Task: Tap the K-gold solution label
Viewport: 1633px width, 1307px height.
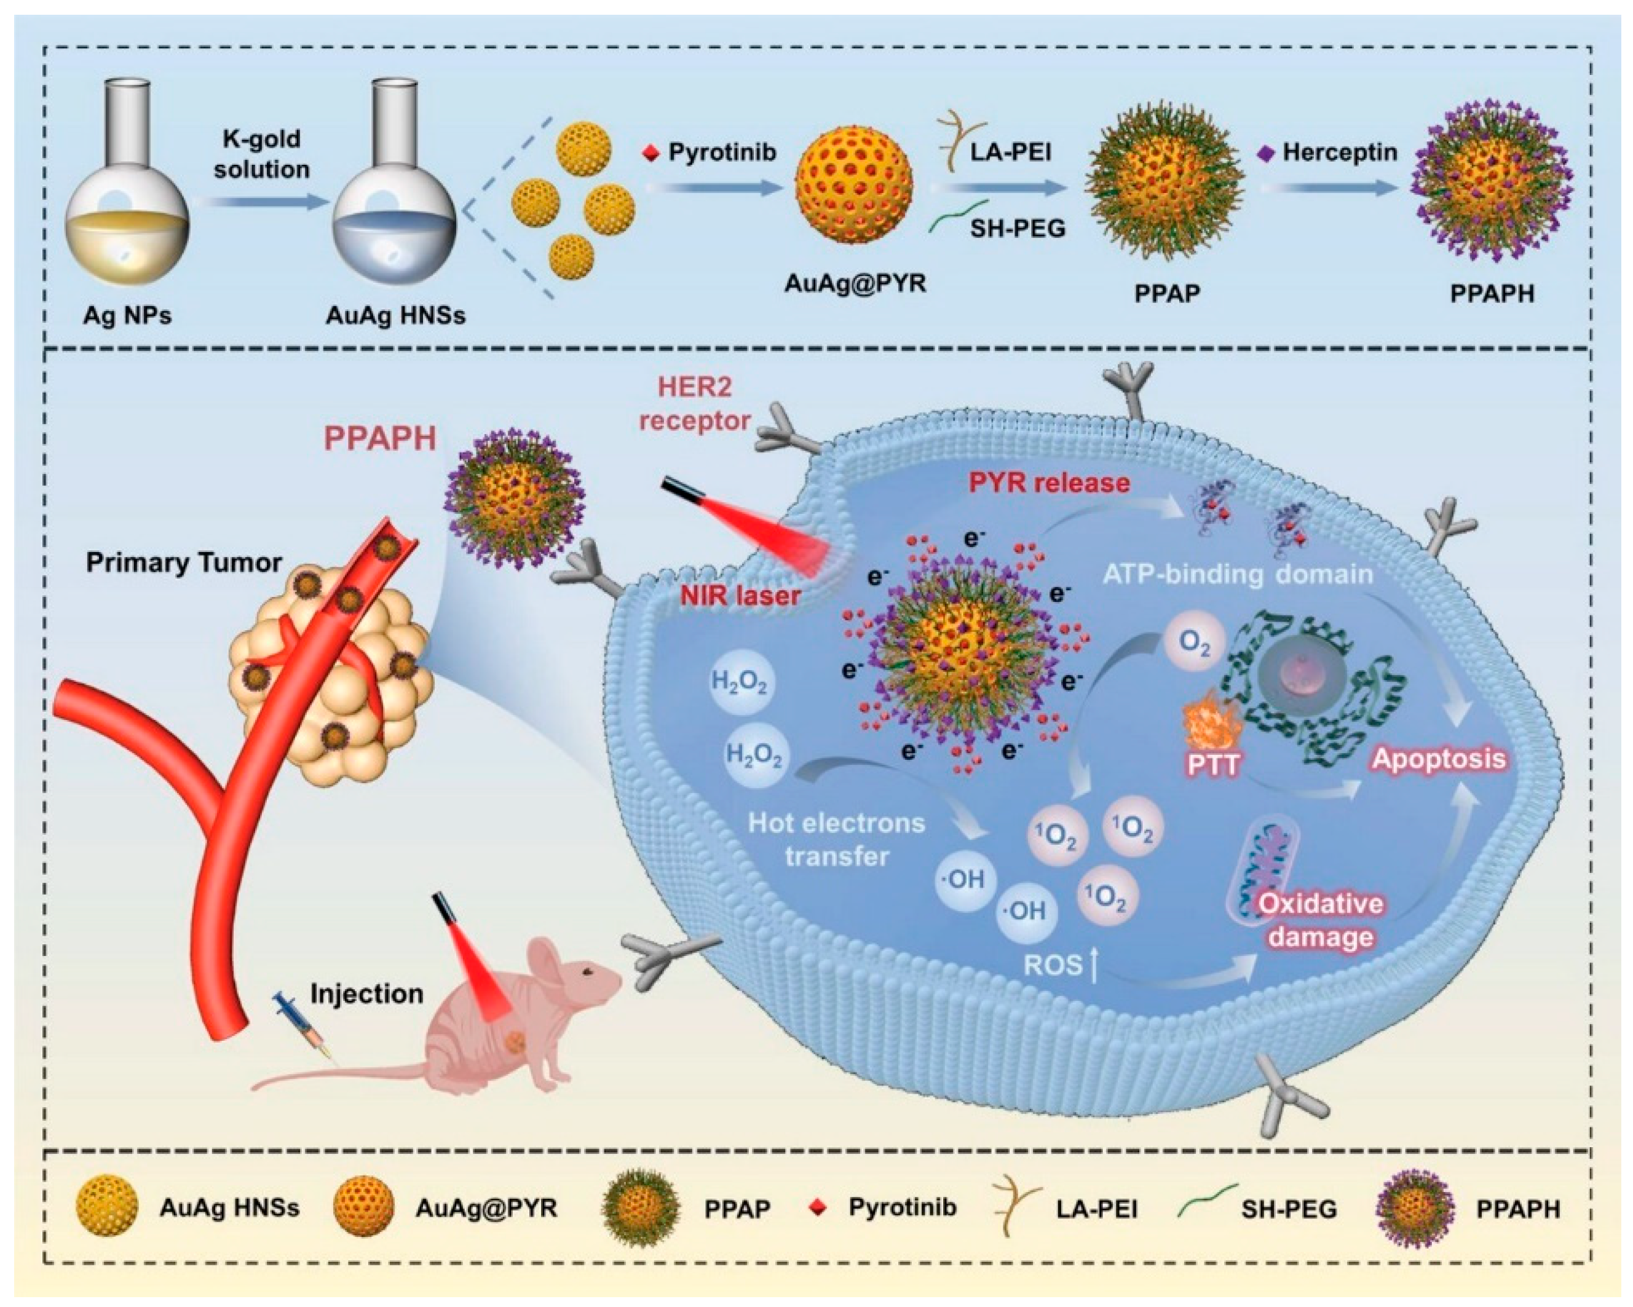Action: coord(261,154)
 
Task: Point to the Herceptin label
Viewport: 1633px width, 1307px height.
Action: coord(1339,152)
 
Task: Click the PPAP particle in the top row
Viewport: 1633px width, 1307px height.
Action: coord(1165,187)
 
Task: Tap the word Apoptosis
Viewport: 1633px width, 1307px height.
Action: coord(1439,759)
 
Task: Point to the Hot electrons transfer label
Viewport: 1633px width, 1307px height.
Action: coord(836,840)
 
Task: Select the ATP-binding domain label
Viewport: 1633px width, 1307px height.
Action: coord(1238,574)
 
